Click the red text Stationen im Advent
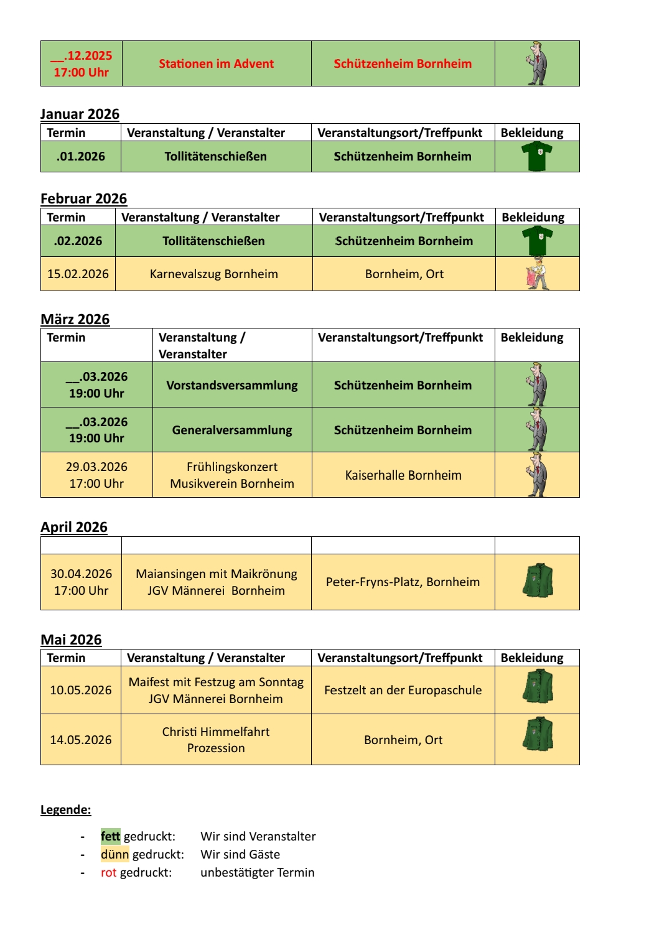[x=216, y=63]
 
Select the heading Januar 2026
[x=80, y=114]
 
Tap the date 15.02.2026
[x=78, y=274]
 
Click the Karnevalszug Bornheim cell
[x=213, y=274]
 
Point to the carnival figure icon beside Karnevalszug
[x=538, y=274]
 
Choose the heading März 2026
[x=75, y=319]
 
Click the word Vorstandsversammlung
[x=231, y=385]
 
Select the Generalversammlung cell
[x=231, y=430]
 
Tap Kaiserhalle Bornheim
[x=403, y=475]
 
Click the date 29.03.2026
[x=96, y=467]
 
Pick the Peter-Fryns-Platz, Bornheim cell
[x=403, y=582]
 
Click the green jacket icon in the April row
[x=538, y=581]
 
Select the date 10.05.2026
[x=81, y=690]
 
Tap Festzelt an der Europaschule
[x=403, y=690]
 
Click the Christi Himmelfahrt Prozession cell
[x=216, y=740]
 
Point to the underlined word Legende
[x=65, y=809]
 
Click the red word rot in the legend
[x=108, y=872]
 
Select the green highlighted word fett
[x=110, y=836]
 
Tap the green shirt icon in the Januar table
[x=537, y=156]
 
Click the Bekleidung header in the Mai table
[x=532, y=658]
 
